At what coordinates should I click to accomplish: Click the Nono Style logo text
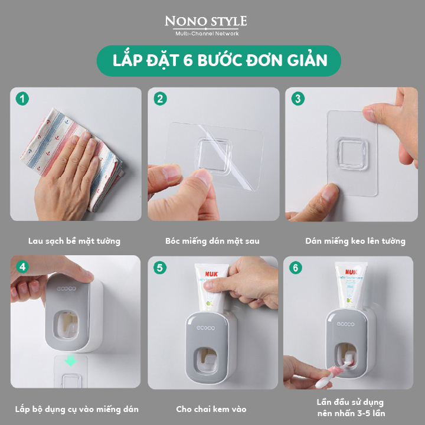(206, 21)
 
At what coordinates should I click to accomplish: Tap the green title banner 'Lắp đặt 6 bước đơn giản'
(219, 61)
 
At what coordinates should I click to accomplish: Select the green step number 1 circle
(22, 99)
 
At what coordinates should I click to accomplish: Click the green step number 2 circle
(160, 99)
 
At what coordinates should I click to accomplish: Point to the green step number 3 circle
(298, 99)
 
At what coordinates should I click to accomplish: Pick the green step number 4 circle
(22, 267)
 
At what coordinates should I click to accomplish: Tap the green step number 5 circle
(160, 267)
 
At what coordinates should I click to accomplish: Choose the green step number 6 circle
(296, 267)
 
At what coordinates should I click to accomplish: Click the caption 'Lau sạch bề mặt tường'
(74, 241)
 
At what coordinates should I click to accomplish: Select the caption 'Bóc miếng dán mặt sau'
(212, 241)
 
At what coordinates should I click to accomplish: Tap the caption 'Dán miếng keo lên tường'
(355, 241)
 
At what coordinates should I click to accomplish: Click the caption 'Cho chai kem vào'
(211, 409)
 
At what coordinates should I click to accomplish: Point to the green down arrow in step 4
(71, 360)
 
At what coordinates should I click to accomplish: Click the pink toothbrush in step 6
(331, 374)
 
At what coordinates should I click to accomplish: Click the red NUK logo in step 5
(211, 274)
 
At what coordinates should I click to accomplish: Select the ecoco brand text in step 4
(66, 289)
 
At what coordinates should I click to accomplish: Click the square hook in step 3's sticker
(351, 153)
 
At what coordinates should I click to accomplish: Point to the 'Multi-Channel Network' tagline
(207, 34)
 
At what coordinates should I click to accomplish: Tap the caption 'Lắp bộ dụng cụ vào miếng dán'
(77, 409)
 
